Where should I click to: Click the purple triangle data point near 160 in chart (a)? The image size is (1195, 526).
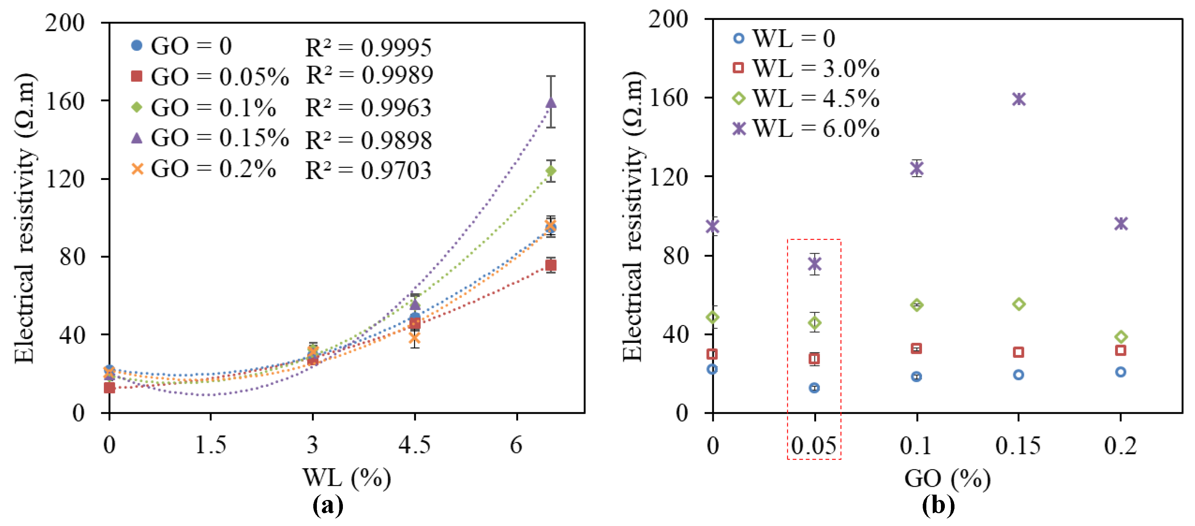click(551, 102)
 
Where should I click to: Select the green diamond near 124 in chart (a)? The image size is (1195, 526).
click(551, 171)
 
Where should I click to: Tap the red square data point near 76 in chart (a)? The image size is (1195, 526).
click(551, 265)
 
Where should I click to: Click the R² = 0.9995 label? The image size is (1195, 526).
click(368, 47)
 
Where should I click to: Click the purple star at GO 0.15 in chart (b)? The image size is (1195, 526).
click(1019, 99)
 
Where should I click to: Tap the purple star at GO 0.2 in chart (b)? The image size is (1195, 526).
click(1121, 223)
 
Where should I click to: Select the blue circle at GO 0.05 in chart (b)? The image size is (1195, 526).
click(814, 388)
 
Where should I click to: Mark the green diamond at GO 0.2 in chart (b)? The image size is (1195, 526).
click(1121, 337)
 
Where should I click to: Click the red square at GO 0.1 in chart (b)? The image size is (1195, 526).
click(916, 349)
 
